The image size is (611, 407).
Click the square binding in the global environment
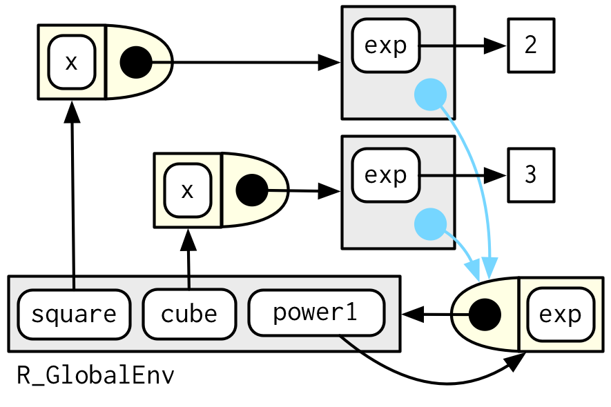(x=73, y=315)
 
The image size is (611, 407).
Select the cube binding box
(x=188, y=315)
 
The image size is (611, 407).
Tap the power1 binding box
(x=316, y=312)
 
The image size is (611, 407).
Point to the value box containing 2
(x=530, y=46)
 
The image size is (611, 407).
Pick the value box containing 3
(x=530, y=175)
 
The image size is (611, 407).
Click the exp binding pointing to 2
(x=385, y=46)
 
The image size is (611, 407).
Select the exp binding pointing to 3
(x=385, y=175)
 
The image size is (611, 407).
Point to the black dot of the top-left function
(x=136, y=63)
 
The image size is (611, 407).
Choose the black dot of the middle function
(x=251, y=190)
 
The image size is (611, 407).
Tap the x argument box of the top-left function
(x=71, y=63)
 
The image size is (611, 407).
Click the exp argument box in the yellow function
(x=560, y=315)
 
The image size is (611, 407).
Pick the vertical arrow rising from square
(x=72, y=193)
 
